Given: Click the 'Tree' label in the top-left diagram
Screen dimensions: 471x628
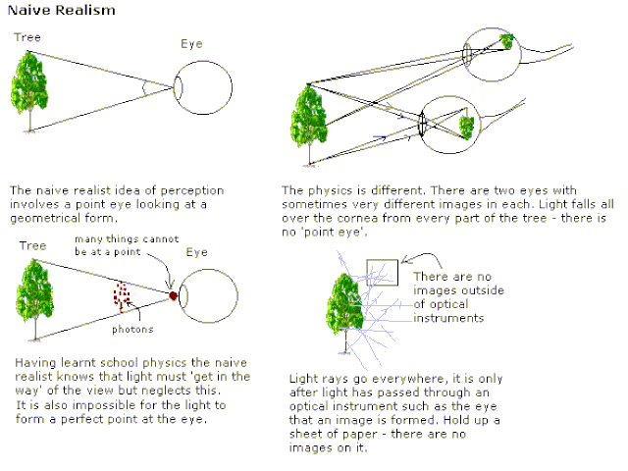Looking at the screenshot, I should point(27,37).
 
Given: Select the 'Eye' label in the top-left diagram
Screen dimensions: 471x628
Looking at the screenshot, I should point(193,44).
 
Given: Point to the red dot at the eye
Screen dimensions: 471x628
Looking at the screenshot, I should point(173,294).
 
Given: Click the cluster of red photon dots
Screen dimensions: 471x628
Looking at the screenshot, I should point(123,294).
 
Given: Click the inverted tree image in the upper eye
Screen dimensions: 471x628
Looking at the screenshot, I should point(506,40).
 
